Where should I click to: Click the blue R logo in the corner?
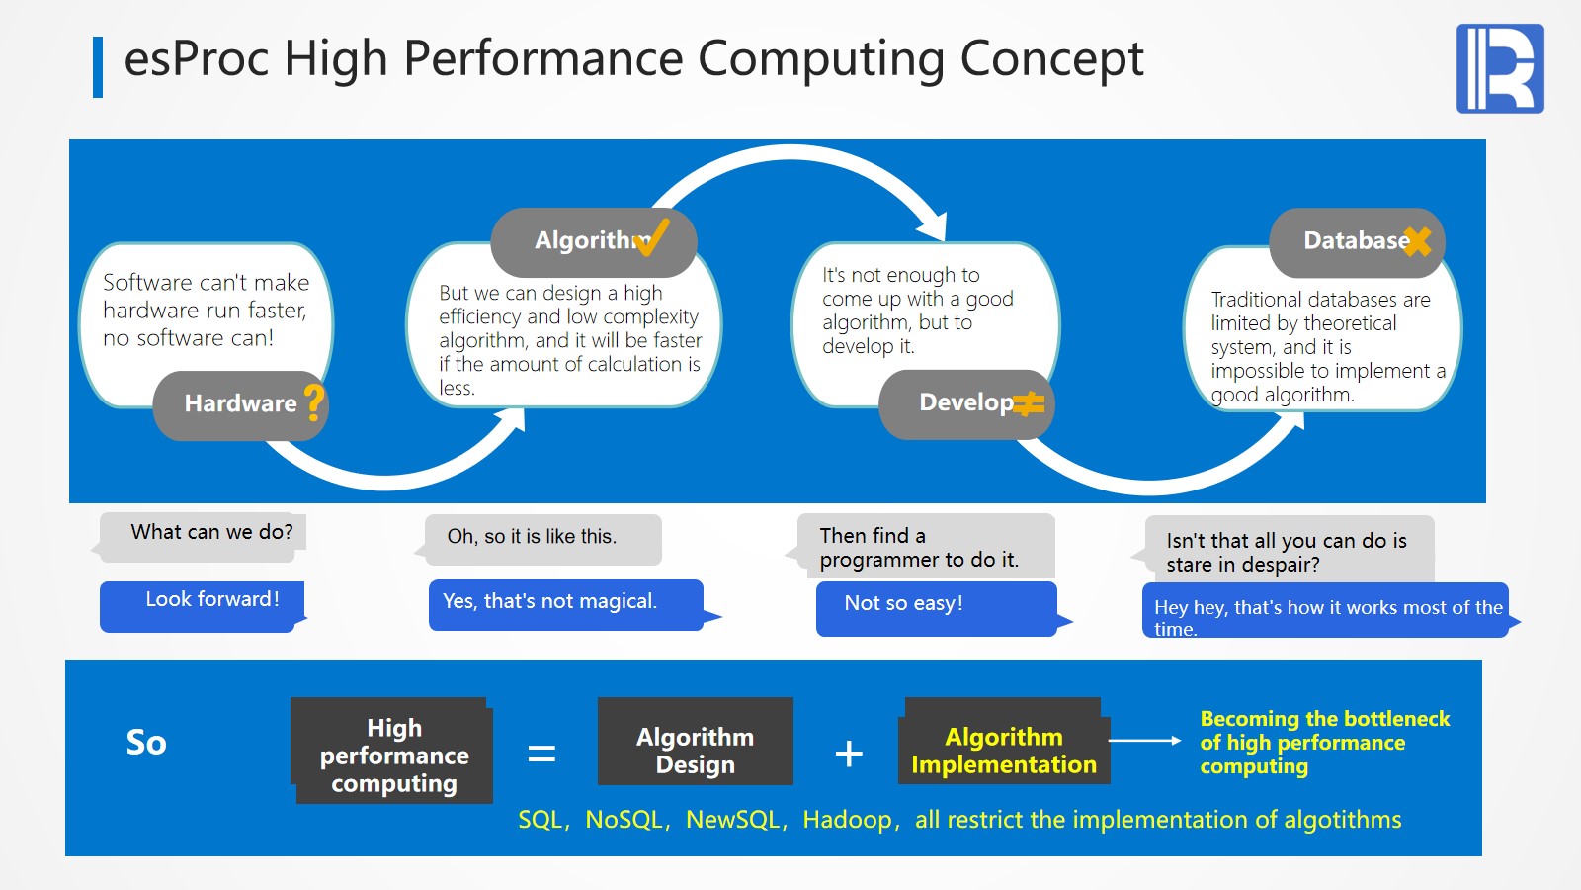coord(1499,68)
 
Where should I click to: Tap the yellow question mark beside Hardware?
coord(314,402)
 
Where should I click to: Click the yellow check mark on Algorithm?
coord(653,237)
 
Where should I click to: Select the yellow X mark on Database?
coord(1417,240)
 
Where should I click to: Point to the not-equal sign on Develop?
coord(1029,403)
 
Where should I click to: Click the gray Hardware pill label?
coord(240,403)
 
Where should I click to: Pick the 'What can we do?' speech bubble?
coord(203,535)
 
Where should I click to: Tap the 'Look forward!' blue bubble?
coord(203,604)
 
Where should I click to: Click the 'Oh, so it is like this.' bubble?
coord(542,538)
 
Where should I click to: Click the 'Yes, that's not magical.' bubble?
coord(566,603)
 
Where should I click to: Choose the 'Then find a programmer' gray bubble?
coord(925,546)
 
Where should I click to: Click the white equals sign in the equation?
coord(541,754)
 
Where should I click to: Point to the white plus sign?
coord(849,754)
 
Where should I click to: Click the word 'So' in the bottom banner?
coord(146,743)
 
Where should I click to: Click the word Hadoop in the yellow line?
coord(847,820)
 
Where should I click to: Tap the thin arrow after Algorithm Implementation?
coord(1144,740)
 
